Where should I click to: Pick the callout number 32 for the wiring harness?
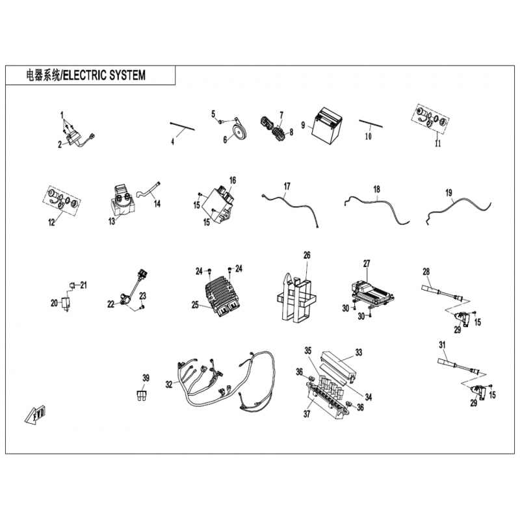point(169,384)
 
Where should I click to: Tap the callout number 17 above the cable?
point(287,186)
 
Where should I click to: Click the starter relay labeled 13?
point(122,201)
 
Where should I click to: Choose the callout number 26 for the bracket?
point(307,255)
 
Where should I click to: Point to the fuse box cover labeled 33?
point(338,367)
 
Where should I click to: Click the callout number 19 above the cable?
point(448,192)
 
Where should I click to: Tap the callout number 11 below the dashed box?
point(438,143)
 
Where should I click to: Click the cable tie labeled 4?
point(182,127)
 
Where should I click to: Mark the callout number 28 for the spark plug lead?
point(426,272)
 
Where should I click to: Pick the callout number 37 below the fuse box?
point(307,413)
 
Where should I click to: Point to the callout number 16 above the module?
point(233,181)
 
